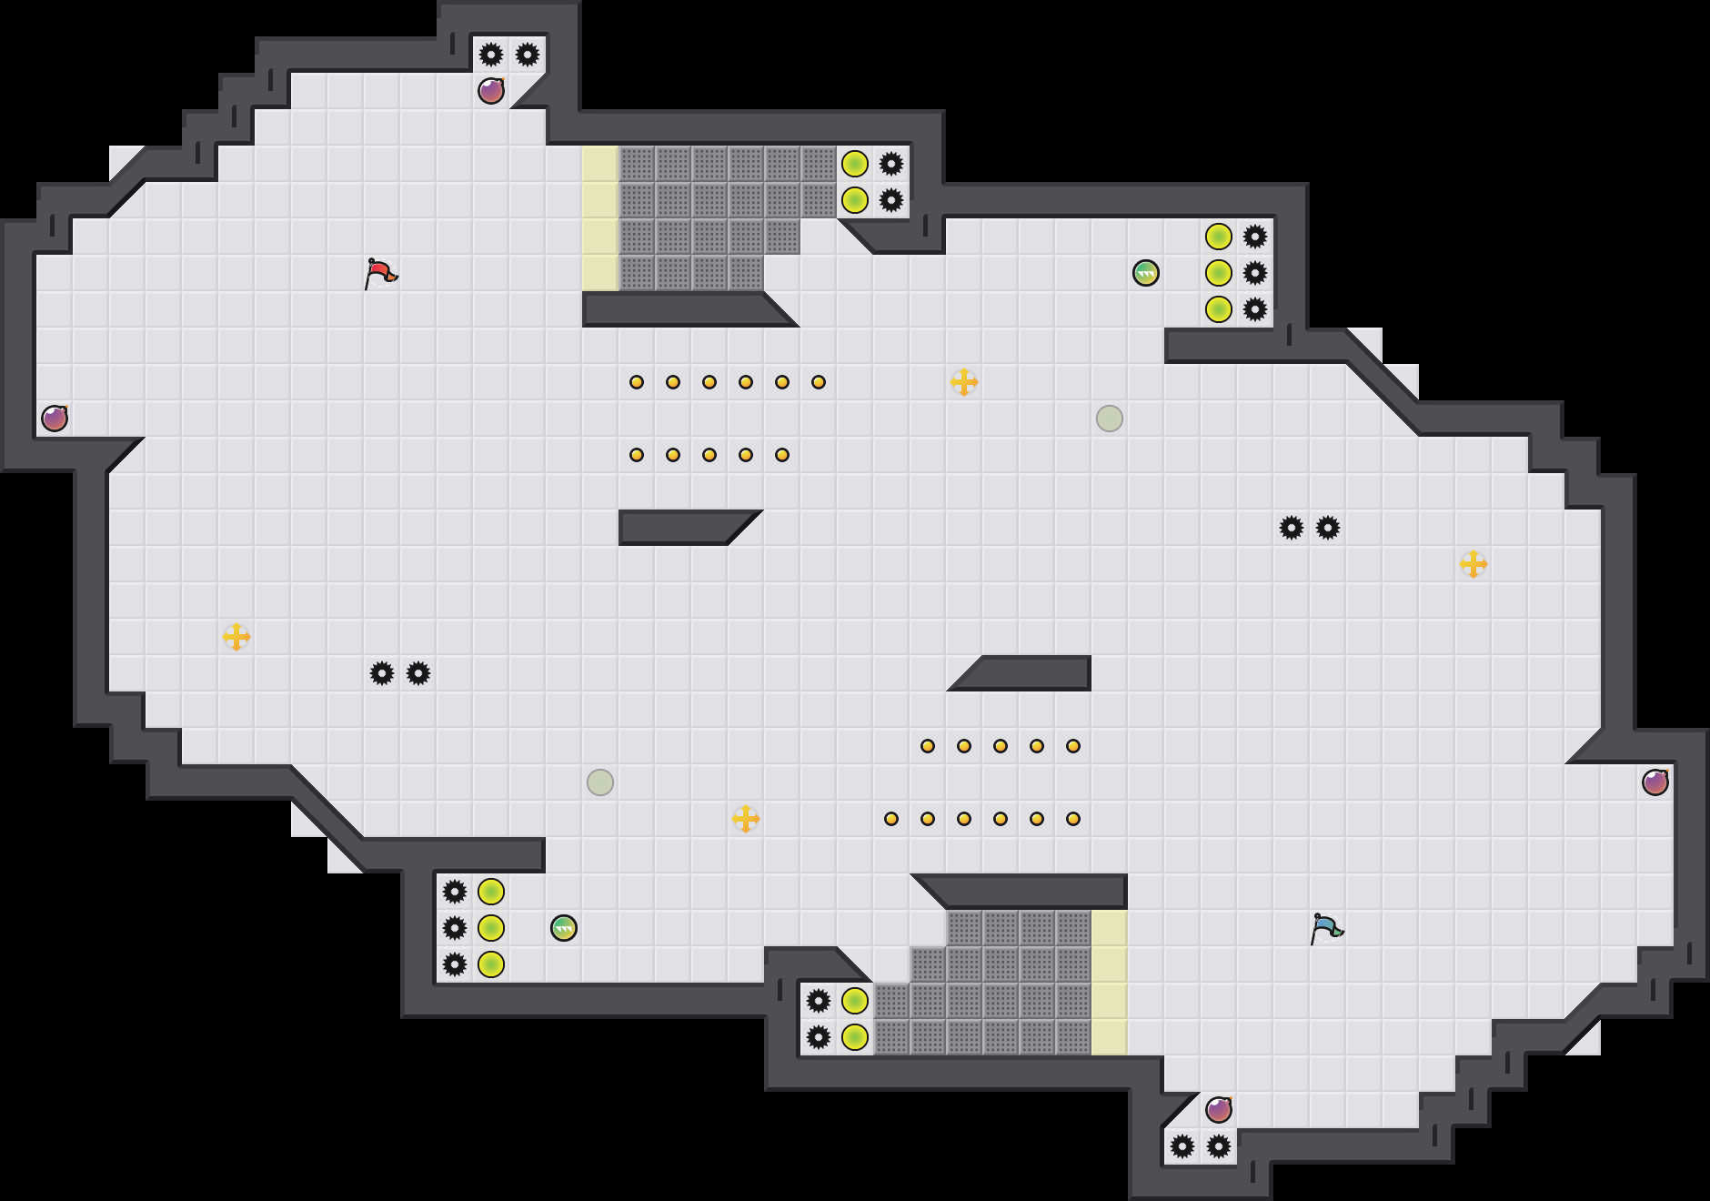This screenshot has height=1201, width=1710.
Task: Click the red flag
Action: [380, 273]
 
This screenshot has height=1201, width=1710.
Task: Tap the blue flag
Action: [1326, 928]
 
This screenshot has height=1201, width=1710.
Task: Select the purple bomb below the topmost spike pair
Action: [491, 91]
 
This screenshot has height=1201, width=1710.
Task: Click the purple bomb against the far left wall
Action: [55, 419]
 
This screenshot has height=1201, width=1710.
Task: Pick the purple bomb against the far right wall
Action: [1655, 782]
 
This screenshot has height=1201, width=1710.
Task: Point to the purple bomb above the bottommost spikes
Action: [1219, 1110]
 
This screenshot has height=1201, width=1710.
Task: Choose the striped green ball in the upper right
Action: [1146, 273]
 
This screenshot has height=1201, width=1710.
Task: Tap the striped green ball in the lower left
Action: [564, 928]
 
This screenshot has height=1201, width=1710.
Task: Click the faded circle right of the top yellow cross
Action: [1110, 419]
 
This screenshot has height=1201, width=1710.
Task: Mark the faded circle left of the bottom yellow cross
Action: [600, 782]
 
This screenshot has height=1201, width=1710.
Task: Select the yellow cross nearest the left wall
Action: [236, 637]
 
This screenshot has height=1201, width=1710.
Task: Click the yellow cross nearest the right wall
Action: [1474, 564]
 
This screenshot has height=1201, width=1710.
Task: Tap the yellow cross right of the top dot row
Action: [964, 382]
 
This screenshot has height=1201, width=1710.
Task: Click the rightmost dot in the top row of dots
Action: [819, 382]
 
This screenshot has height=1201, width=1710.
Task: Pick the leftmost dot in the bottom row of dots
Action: [891, 819]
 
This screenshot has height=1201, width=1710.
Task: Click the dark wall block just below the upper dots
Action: [682, 528]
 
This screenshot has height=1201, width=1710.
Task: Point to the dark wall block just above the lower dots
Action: [1028, 673]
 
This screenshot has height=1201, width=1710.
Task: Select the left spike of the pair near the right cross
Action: [1292, 528]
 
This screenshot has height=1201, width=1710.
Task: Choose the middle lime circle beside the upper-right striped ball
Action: [1219, 273]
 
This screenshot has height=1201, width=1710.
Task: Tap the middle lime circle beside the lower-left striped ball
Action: [491, 928]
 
